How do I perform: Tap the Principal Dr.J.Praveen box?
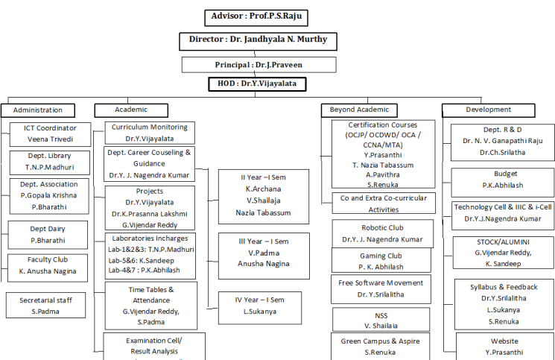(x=259, y=65)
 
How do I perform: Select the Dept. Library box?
(x=51, y=162)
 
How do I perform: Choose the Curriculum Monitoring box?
(x=150, y=133)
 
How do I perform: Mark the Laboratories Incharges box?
(x=150, y=255)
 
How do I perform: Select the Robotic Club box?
(x=381, y=233)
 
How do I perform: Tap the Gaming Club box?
(x=381, y=260)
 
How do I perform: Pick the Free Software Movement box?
(x=381, y=288)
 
